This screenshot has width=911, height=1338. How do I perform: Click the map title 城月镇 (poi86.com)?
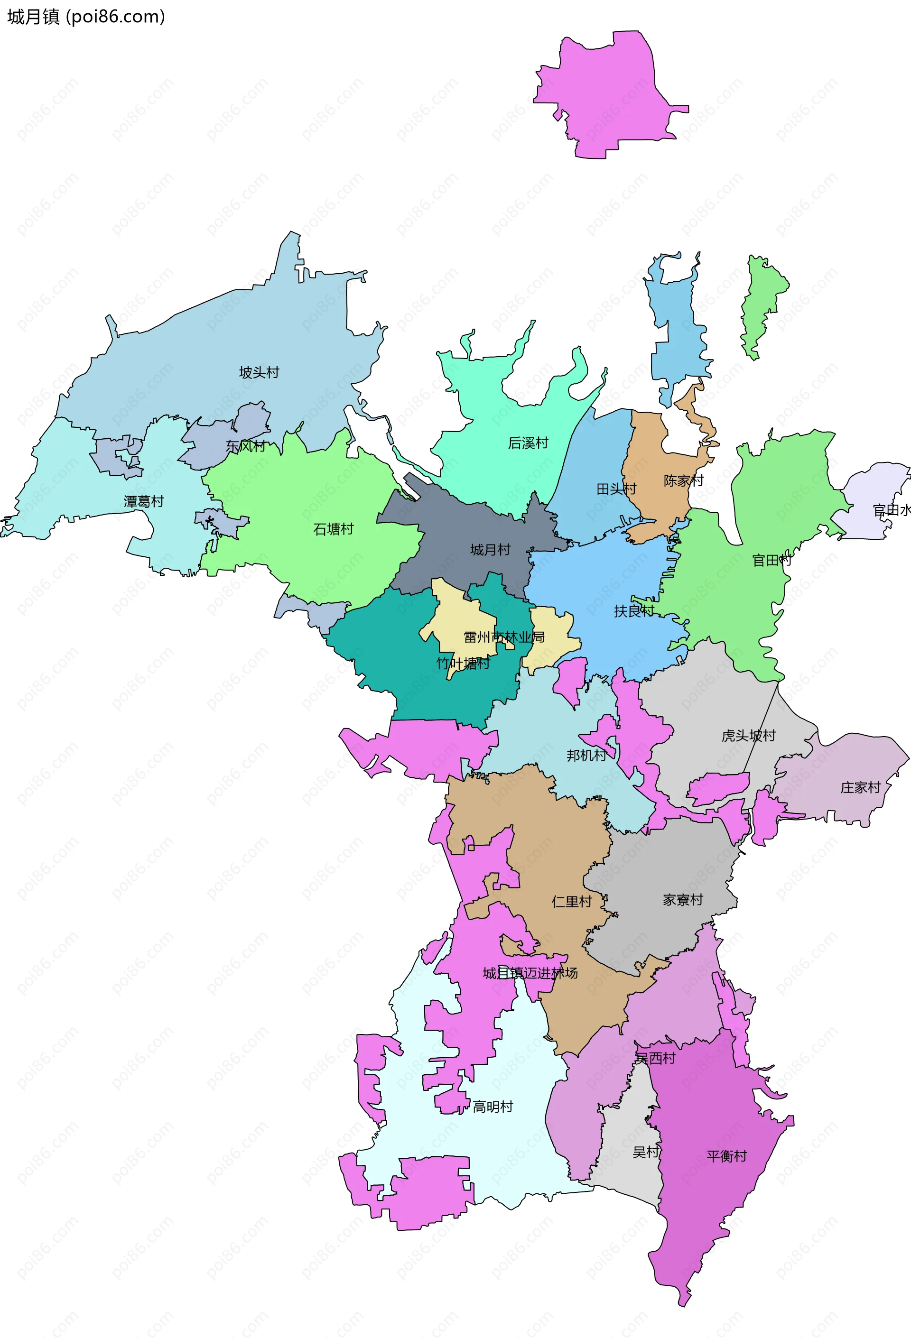coord(86,17)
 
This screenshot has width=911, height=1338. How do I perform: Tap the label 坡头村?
coord(259,372)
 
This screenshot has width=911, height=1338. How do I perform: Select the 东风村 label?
coord(246,446)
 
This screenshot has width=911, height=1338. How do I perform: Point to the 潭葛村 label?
coord(144,501)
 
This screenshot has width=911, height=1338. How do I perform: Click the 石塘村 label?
coord(334,529)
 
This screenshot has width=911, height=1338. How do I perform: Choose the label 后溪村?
coord(528,443)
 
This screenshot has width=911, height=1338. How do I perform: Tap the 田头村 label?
coord(616,489)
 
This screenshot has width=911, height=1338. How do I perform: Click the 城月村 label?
coord(491,550)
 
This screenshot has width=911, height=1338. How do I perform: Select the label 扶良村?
coord(634,611)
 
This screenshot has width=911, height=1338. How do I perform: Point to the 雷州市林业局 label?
coord(504,637)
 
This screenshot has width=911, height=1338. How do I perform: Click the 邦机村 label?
coord(586,755)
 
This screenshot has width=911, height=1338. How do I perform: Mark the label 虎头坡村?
coord(749,735)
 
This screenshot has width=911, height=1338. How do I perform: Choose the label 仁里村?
coord(572,901)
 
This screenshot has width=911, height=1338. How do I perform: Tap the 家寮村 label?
coord(683,899)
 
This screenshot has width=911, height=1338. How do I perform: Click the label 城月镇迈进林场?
coord(530,973)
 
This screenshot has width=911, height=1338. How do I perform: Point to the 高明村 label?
coord(493,1107)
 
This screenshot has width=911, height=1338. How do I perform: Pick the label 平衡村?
coord(727,1156)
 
